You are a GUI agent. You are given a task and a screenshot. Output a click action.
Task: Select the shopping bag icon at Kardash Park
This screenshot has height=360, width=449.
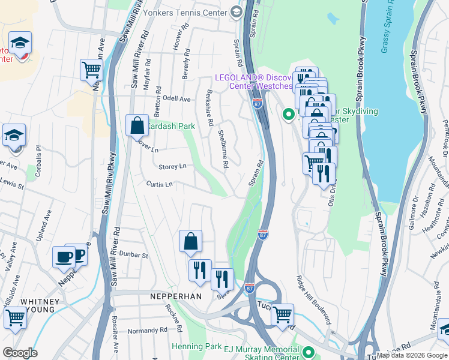(137, 125)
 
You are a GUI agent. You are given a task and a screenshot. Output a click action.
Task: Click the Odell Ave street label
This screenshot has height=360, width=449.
(176, 99)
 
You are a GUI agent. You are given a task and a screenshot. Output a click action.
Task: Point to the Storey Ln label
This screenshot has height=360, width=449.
(172, 166)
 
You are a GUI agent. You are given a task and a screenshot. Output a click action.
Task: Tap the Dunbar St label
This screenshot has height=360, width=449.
(133, 255)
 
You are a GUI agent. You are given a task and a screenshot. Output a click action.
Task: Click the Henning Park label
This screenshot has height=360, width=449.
(197, 346)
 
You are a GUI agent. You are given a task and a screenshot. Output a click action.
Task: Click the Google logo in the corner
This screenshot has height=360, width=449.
(20, 353)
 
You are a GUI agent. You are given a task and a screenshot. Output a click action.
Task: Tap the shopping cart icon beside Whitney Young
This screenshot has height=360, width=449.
(14, 318)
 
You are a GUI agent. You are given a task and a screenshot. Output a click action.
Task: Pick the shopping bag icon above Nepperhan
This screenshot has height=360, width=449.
(190, 241)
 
